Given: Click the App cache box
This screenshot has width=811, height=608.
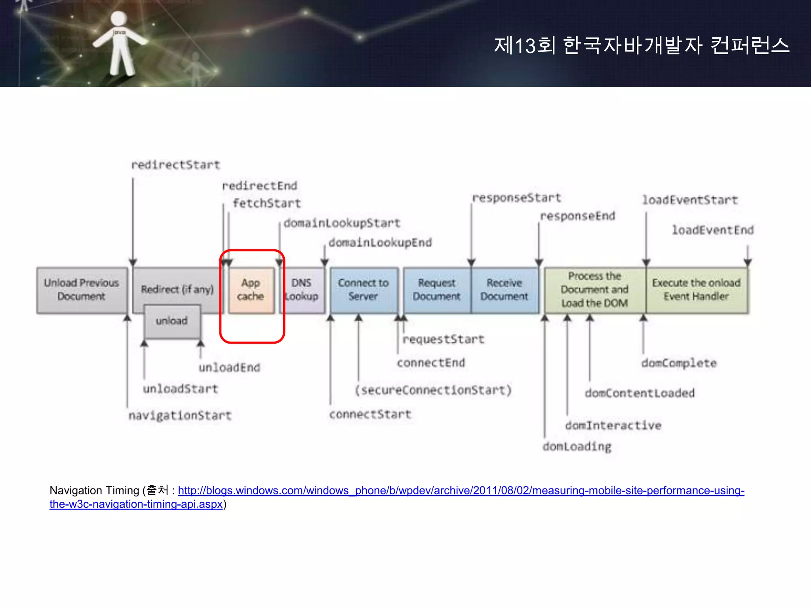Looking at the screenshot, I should [x=251, y=290].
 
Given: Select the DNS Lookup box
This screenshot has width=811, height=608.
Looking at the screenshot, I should [x=302, y=290].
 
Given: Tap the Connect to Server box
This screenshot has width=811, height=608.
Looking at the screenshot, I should [x=364, y=290].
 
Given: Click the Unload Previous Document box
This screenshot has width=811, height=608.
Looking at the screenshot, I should [x=82, y=290].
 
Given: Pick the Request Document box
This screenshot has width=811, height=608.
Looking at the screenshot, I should [x=437, y=290].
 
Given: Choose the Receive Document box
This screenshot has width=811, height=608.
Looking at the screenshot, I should [x=504, y=290].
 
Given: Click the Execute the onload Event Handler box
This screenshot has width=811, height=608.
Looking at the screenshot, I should [x=697, y=290].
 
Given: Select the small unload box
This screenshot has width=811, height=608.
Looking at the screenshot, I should [x=172, y=321].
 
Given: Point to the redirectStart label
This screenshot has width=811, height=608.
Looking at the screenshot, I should [x=175, y=165].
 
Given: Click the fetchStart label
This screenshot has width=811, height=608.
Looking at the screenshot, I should [x=267, y=203].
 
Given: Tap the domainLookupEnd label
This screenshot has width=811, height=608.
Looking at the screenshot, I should [x=380, y=242].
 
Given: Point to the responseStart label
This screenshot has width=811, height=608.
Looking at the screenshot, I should [x=517, y=198].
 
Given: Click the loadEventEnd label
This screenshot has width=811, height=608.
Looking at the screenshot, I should [x=713, y=230].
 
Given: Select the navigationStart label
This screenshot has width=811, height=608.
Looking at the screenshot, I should [x=180, y=416].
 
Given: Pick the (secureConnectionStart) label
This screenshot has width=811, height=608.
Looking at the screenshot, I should [x=433, y=390].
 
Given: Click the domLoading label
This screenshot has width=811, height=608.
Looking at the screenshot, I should [x=577, y=446].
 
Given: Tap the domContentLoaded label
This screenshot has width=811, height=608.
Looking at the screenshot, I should [x=640, y=393].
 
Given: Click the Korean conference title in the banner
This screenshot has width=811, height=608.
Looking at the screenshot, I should [x=642, y=45].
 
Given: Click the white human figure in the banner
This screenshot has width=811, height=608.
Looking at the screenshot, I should [x=119, y=44].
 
